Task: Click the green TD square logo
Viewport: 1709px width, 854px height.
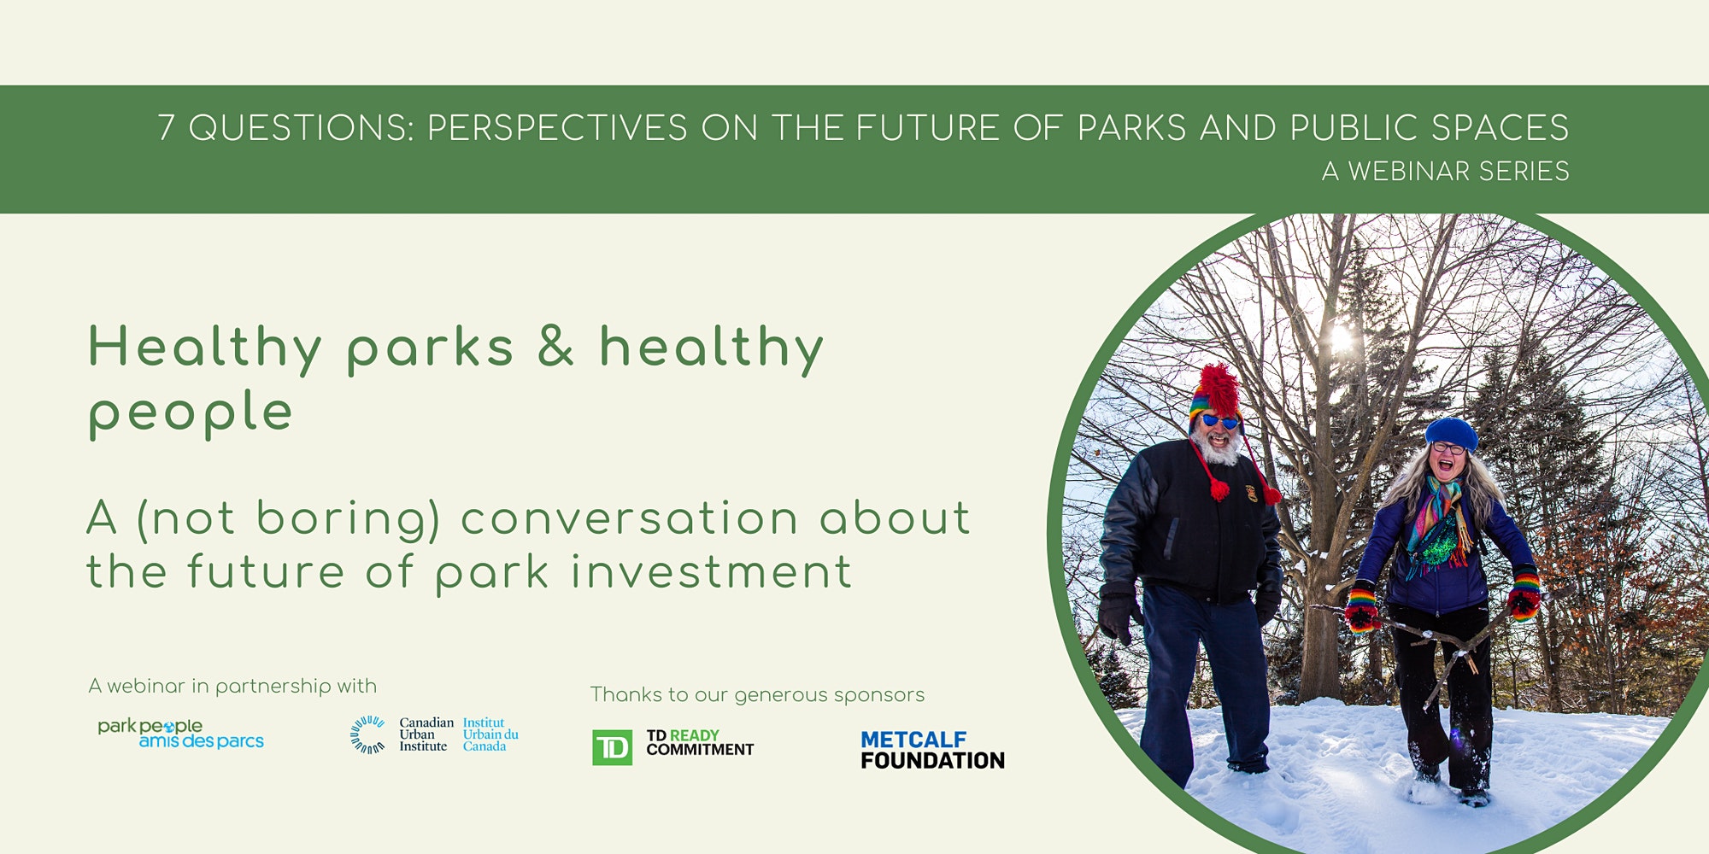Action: point(612,747)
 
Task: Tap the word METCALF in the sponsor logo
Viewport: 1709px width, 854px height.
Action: point(913,740)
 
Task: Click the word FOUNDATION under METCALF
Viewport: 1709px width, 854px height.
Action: point(932,760)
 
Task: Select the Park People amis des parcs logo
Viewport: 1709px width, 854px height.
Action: point(180,734)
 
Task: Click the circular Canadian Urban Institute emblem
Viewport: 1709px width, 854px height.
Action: point(367,734)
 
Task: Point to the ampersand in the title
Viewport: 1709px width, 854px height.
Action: point(555,346)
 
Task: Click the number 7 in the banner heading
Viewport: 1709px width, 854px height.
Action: point(167,128)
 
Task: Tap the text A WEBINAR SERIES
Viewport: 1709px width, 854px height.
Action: point(1445,172)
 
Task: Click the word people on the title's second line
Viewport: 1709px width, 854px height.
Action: point(191,414)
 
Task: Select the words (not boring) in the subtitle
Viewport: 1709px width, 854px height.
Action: point(288,519)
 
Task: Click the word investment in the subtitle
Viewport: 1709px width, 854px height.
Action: point(711,571)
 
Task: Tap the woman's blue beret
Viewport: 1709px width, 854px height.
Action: point(1451,433)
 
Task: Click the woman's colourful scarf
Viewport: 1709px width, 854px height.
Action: point(1441,522)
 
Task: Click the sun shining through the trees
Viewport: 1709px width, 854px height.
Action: point(1342,338)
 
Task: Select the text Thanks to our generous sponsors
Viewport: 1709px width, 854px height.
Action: point(757,695)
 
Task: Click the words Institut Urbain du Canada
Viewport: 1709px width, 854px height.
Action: point(490,734)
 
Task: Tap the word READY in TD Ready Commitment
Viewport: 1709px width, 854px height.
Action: point(695,735)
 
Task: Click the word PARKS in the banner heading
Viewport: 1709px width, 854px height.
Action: point(1131,128)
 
